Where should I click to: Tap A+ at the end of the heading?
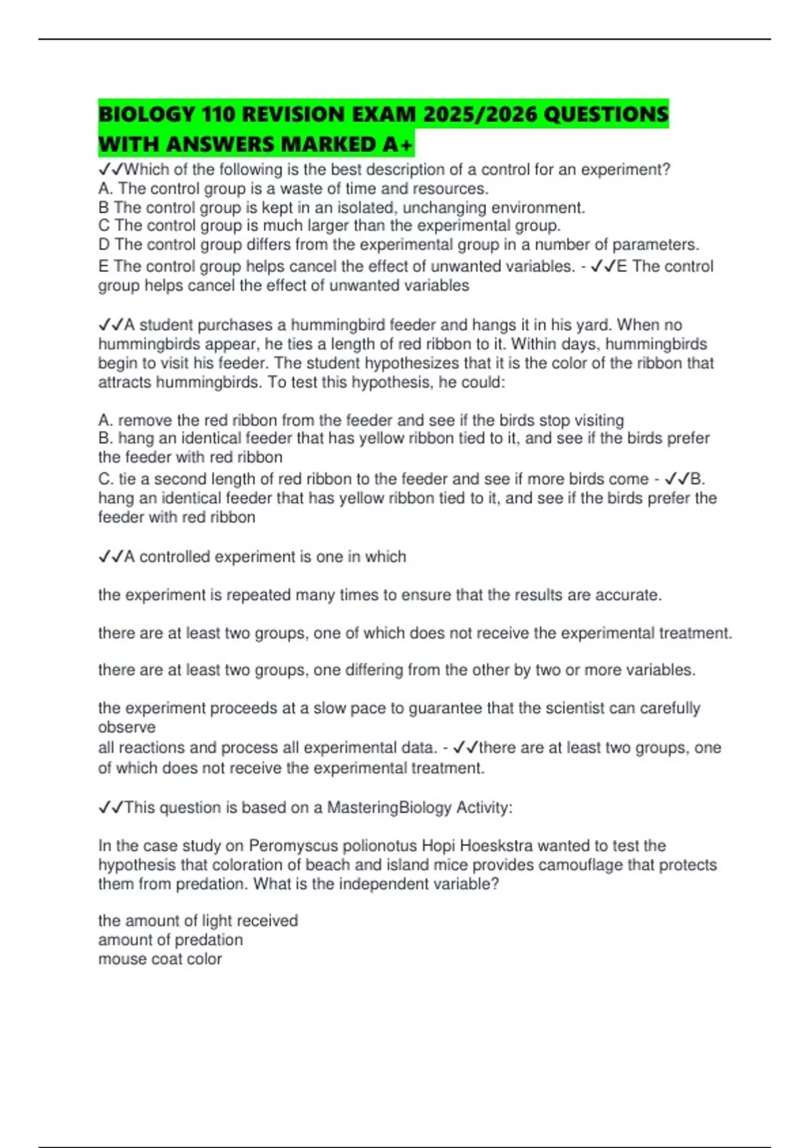398,144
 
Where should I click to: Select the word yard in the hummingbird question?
595,325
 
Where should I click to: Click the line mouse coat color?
160,959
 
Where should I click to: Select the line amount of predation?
170,940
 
